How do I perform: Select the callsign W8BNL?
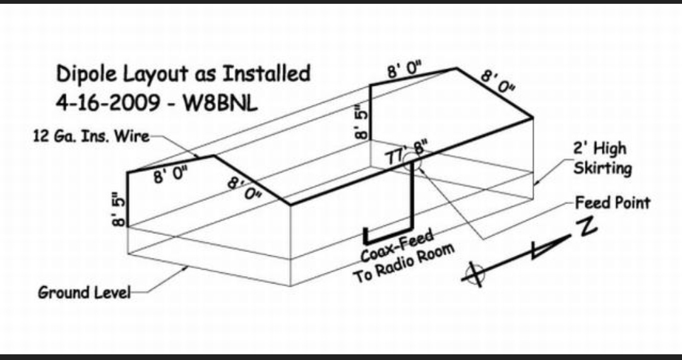220,104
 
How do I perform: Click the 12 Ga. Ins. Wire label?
91,137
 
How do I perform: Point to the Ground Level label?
84,292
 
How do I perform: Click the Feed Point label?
612,203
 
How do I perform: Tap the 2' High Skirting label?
602,159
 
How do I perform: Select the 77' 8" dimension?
407,153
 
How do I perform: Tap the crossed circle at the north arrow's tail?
475,272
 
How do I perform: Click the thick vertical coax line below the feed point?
412,199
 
